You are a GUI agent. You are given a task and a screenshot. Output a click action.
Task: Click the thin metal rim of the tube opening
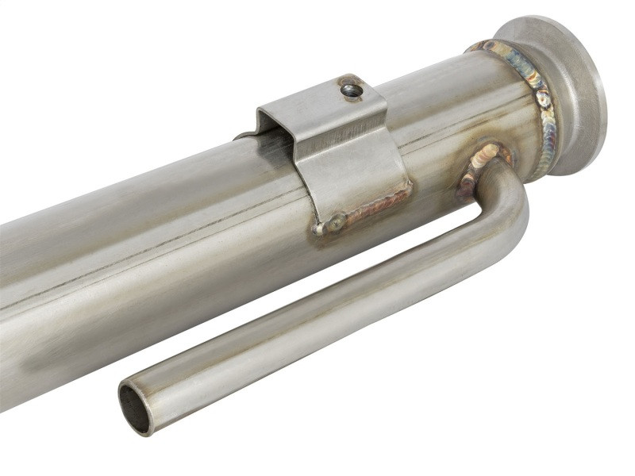tap(122, 397)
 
